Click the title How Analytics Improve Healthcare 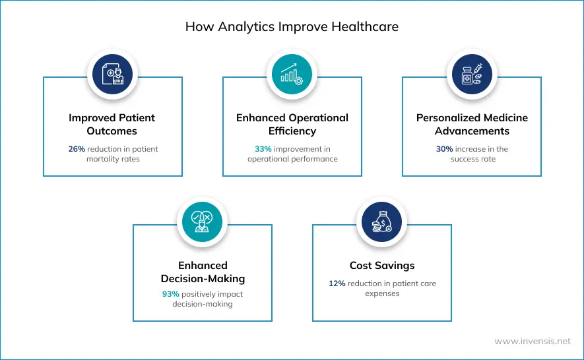[x=292, y=27]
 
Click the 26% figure [x=77, y=149]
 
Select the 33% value [x=263, y=149]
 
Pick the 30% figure [x=444, y=149]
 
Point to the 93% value [x=171, y=294]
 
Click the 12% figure [x=337, y=284]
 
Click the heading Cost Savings [x=382, y=266]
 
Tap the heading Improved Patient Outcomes [x=112, y=124]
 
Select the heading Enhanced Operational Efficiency [x=292, y=124]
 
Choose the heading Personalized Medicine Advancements [x=472, y=124]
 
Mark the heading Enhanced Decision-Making [x=203, y=272]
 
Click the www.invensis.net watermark [x=533, y=342]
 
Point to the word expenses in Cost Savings [x=382, y=294]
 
